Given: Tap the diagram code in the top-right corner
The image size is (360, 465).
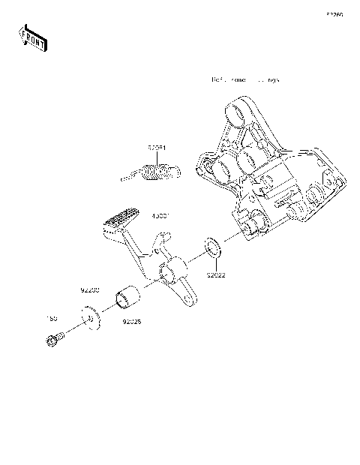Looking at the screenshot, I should pos(334,14).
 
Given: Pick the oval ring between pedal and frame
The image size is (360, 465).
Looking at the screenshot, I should pos(212,248).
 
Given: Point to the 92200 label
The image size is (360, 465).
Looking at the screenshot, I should pos(90,289).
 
